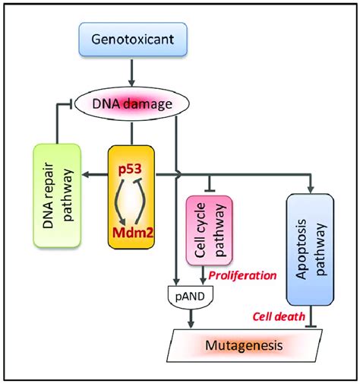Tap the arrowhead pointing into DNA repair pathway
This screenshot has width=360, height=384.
click(94, 175)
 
